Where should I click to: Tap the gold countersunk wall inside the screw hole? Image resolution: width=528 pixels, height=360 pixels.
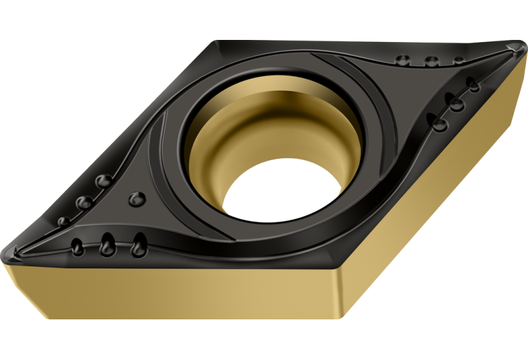pyautogui.click(x=227, y=138)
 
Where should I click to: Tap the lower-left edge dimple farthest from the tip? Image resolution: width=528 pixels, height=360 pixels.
pyautogui.click(x=139, y=242)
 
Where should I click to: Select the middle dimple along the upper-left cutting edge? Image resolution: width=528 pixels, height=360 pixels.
pyautogui.click(x=85, y=202)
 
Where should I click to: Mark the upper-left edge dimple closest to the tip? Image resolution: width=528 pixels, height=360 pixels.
pyautogui.click(x=63, y=222)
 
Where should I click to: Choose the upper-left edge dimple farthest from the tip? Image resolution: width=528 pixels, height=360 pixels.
pyautogui.click(x=103, y=181)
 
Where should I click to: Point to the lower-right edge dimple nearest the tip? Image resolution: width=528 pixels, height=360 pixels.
pyautogui.click(x=474, y=84)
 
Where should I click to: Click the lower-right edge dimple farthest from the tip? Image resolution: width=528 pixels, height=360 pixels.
pyautogui.click(x=438, y=122)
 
